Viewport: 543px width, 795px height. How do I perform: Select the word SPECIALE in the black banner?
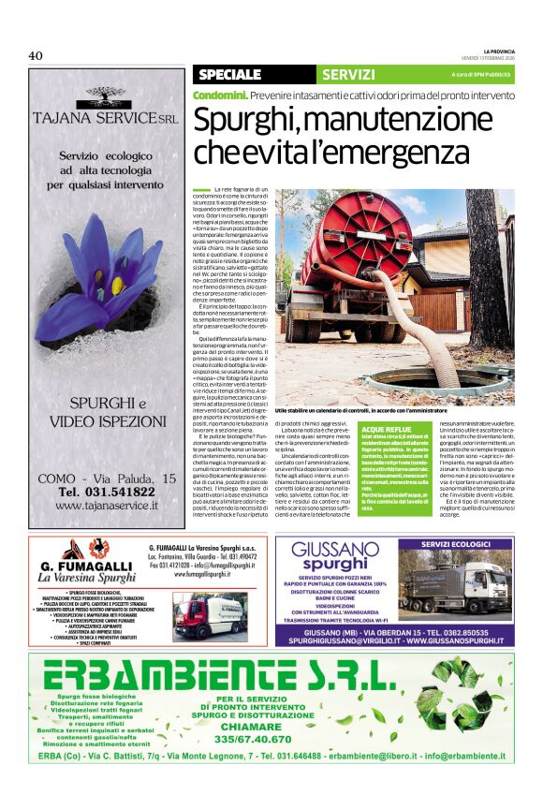(229, 74)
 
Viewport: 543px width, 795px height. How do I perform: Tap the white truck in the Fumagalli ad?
(210, 614)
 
